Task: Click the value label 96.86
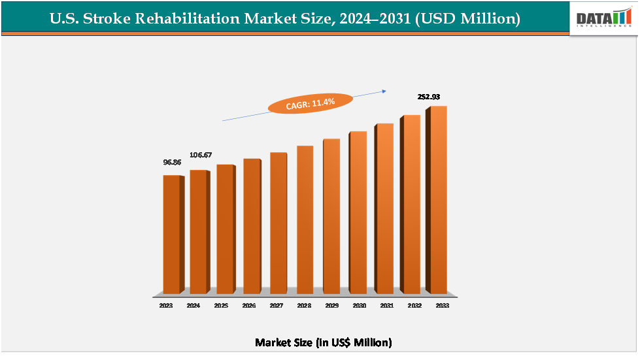pyautogui.click(x=172, y=161)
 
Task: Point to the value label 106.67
pyautogui.click(x=201, y=155)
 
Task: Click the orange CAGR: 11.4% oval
pyautogui.click(x=311, y=103)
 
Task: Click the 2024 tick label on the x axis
pyautogui.click(x=193, y=305)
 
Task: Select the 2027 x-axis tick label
pyautogui.click(x=276, y=305)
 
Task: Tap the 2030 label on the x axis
pyautogui.click(x=359, y=305)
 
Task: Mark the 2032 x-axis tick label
pyautogui.click(x=414, y=305)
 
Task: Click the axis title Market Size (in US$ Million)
pyautogui.click(x=323, y=342)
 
